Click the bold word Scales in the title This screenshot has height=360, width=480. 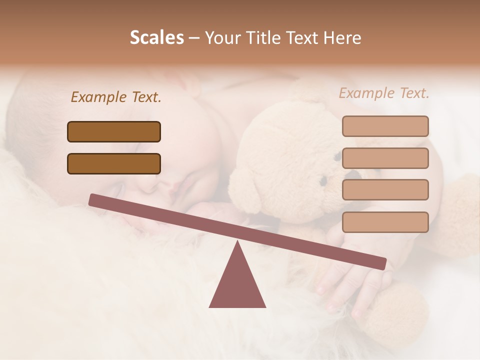tap(157, 37)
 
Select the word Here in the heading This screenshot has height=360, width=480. tap(341, 37)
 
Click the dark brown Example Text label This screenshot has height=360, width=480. tap(116, 97)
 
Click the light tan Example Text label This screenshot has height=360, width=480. tap(384, 93)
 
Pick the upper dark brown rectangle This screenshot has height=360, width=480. tap(114, 131)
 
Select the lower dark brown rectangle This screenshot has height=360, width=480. tap(114, 163)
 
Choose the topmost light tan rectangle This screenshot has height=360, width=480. tap(385, 126)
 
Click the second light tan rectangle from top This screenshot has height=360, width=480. tap(385, 158)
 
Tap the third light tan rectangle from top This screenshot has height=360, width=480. tap(385, 189)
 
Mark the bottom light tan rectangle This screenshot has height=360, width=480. tap(385, 222)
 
